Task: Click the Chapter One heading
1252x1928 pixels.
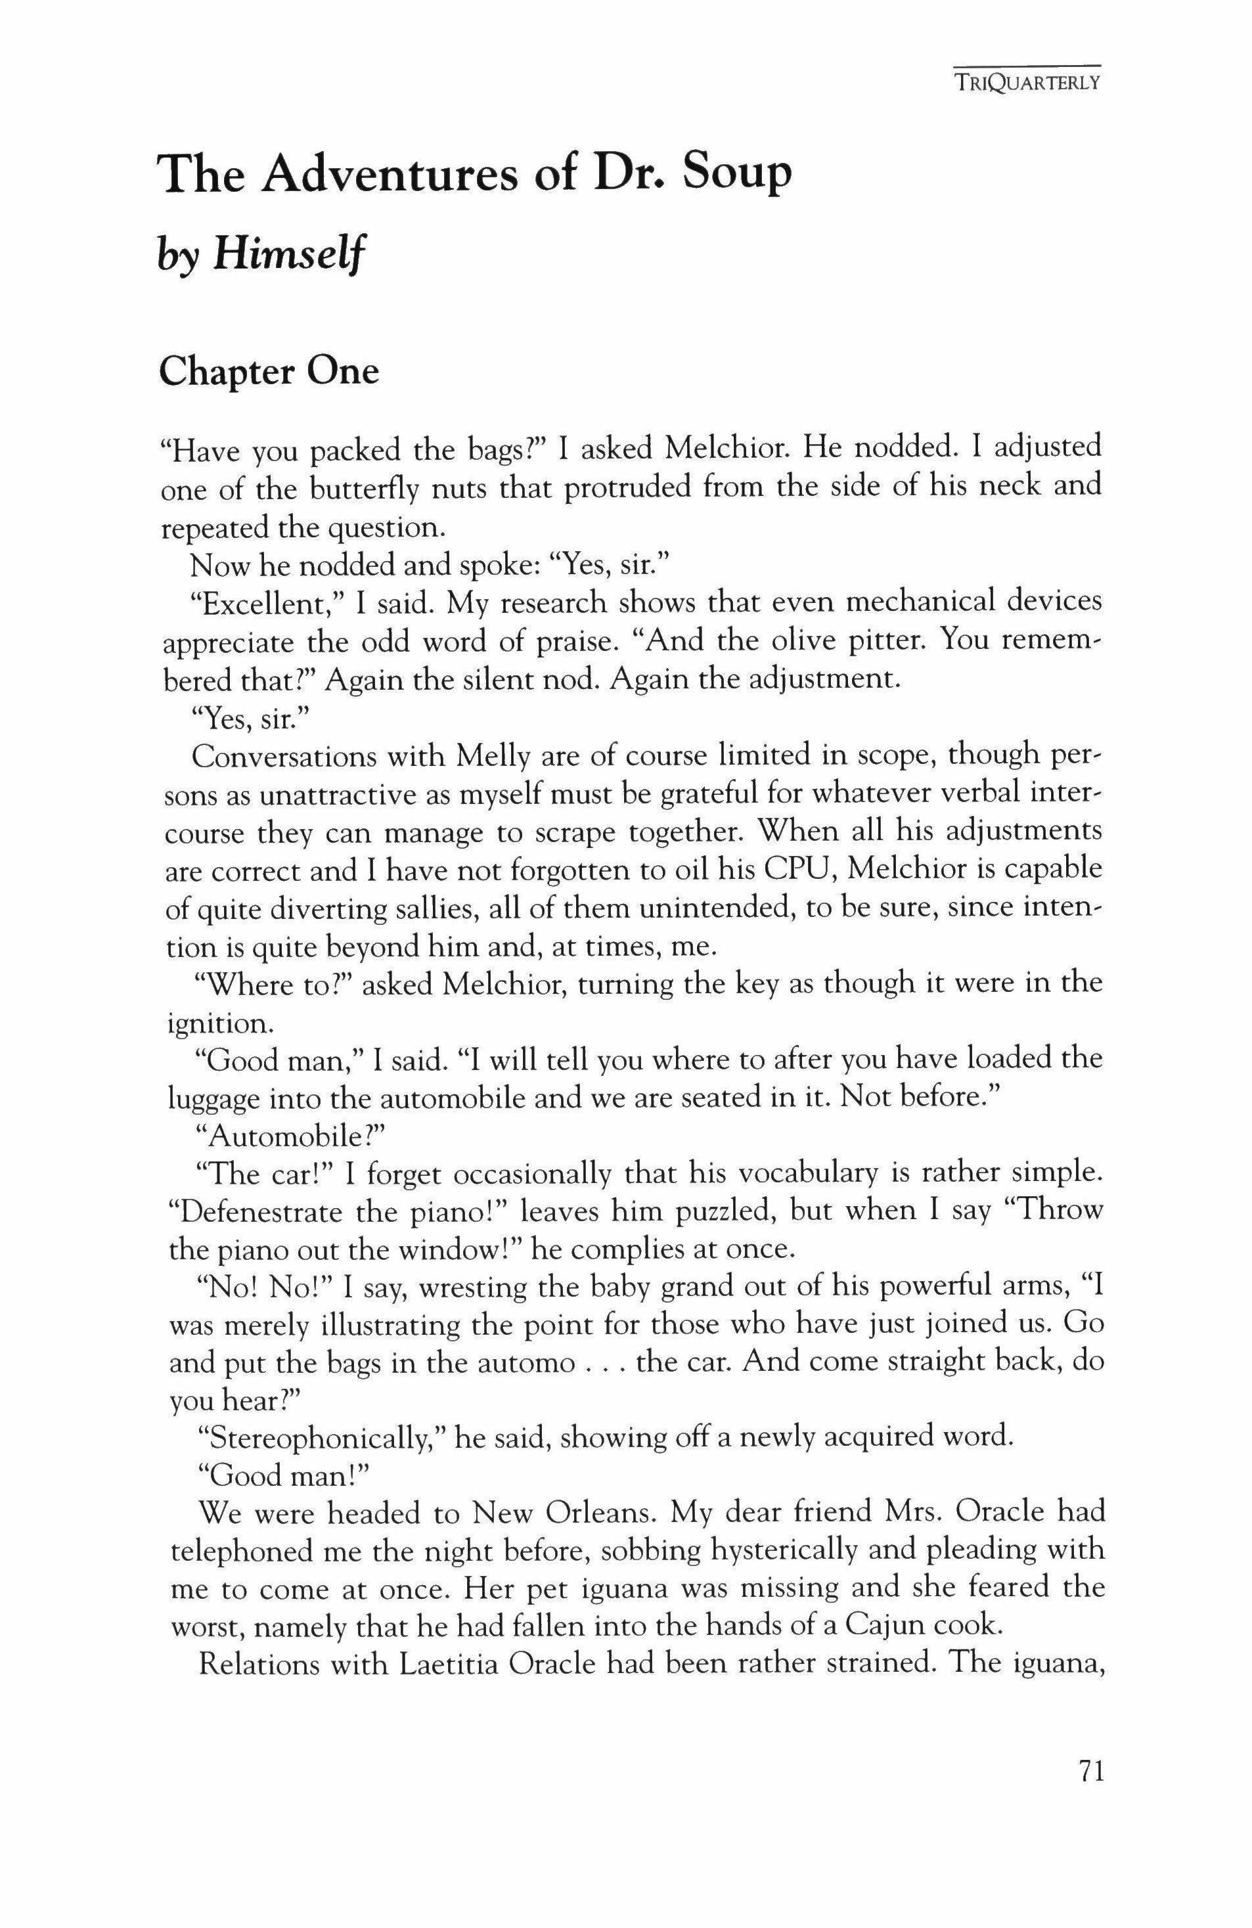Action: coord(269,371)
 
